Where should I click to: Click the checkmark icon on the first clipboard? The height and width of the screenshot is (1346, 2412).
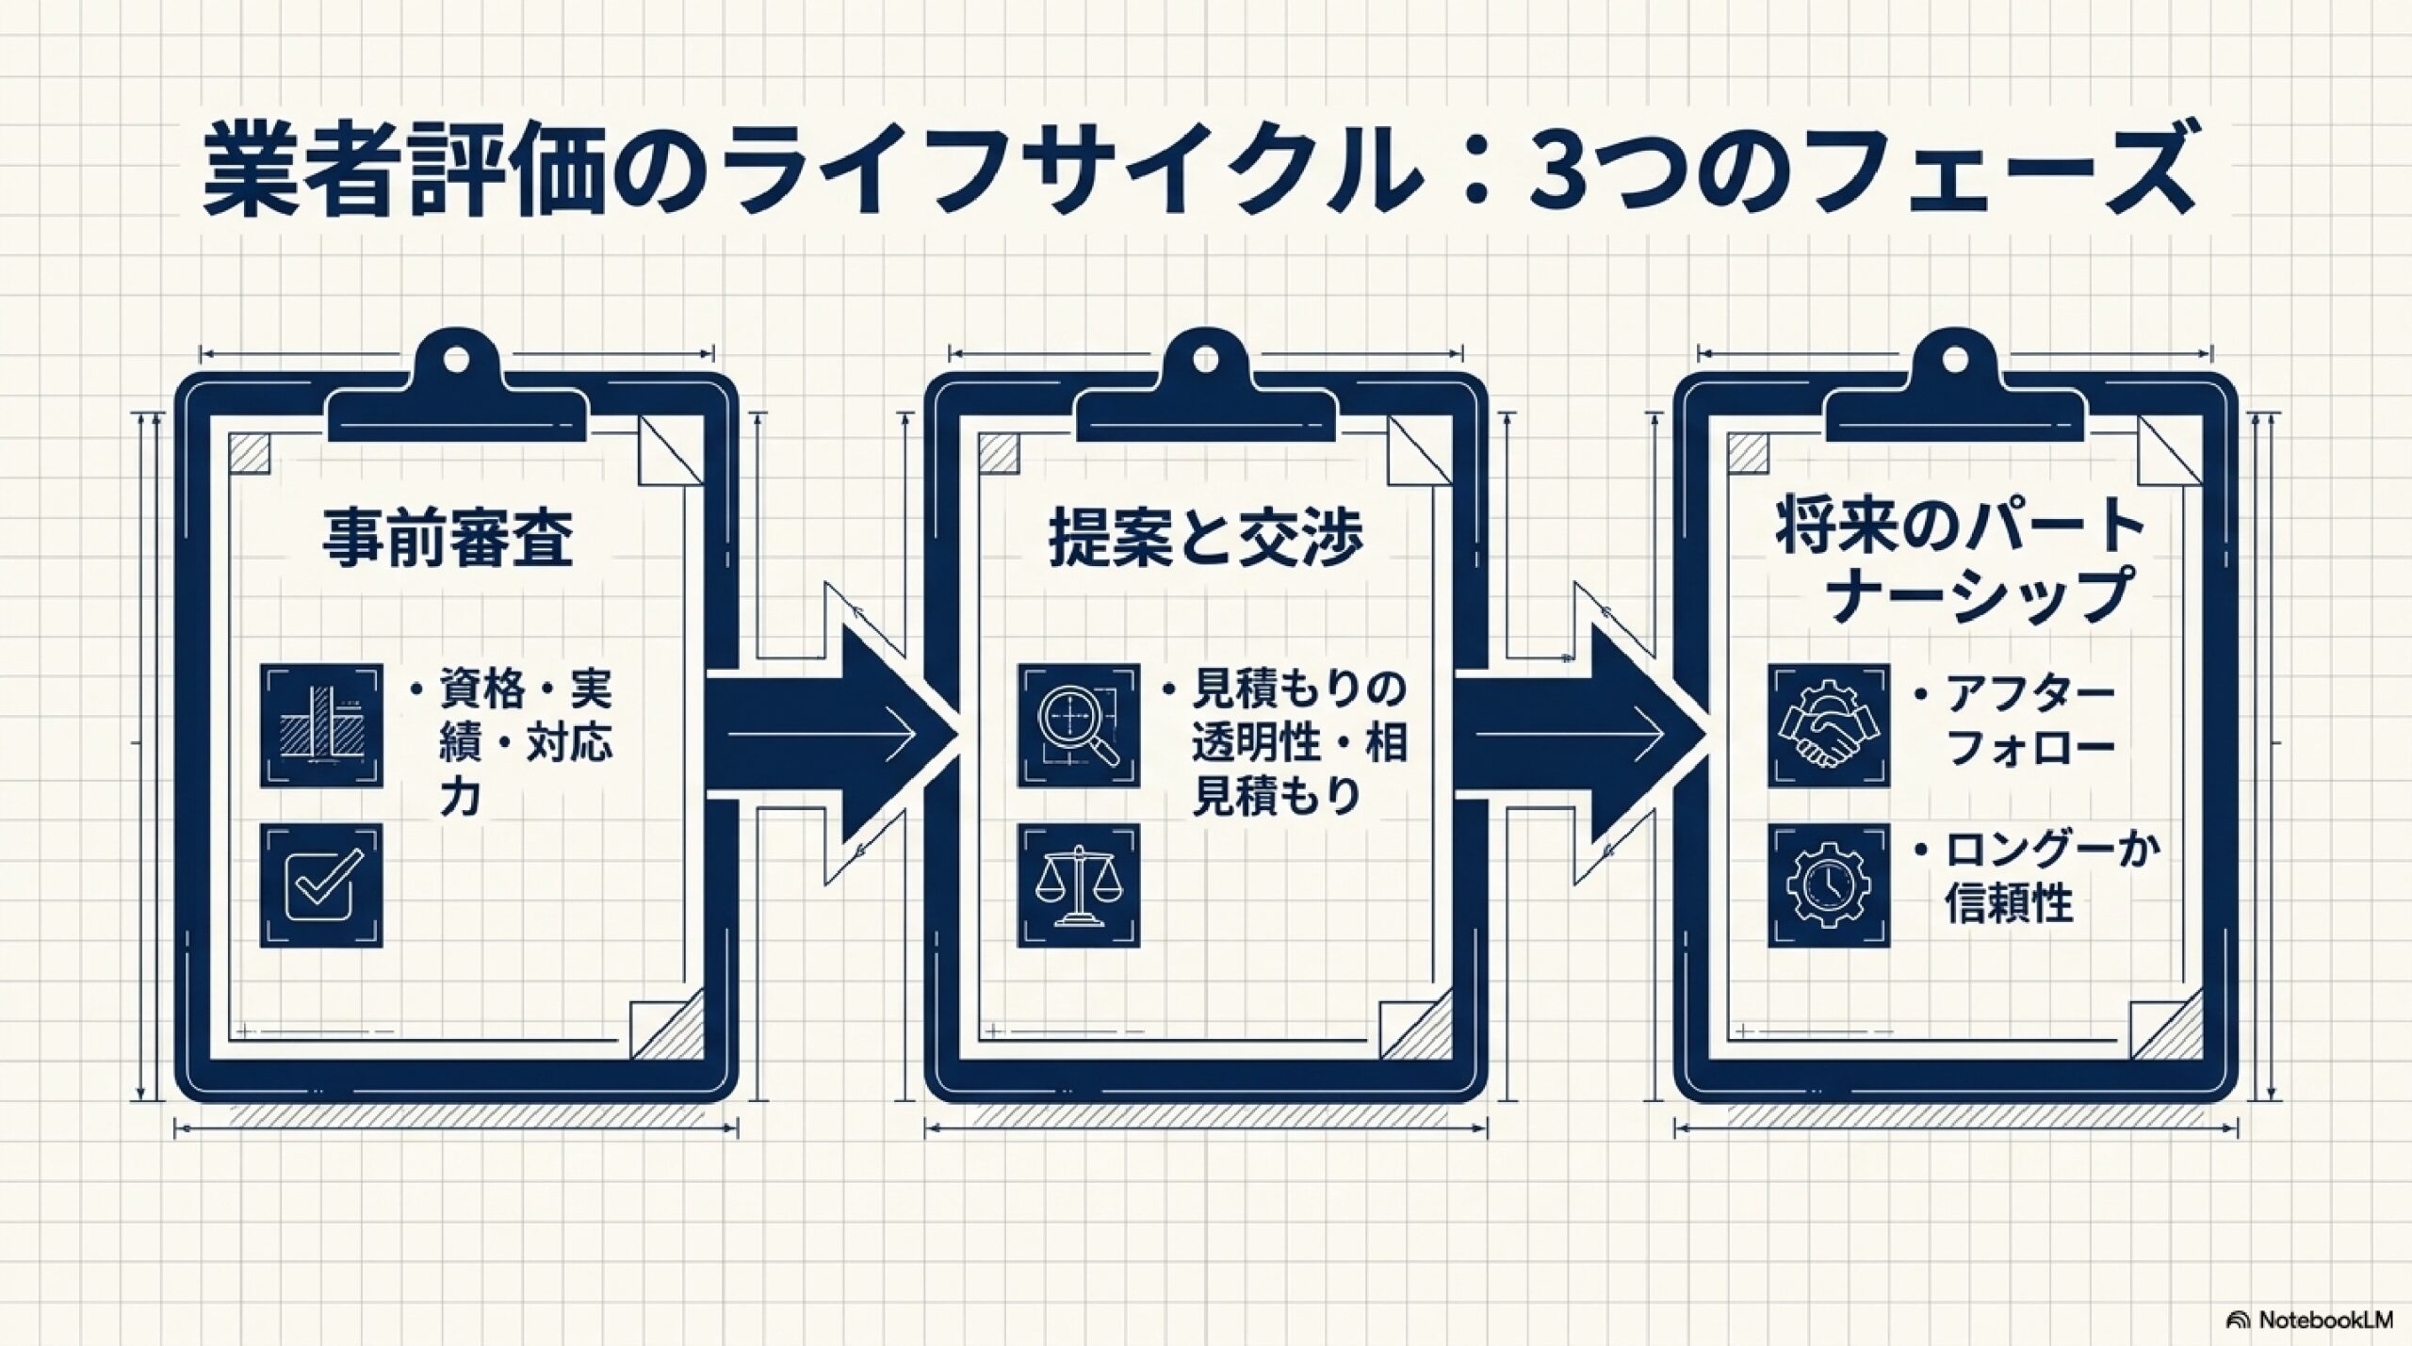pos(321,886)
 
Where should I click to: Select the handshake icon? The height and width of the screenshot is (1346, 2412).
pos(1829,726)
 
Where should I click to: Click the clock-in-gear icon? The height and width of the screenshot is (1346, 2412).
pos(1829,886)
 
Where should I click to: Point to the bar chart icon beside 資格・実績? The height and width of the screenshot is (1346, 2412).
pos(321,726)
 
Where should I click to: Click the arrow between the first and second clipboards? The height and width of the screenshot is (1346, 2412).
pos(829,735)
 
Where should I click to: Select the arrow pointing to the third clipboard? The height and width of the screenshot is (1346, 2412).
pos(1580,735)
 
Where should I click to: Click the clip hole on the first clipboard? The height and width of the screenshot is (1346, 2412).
pos(455,359)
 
